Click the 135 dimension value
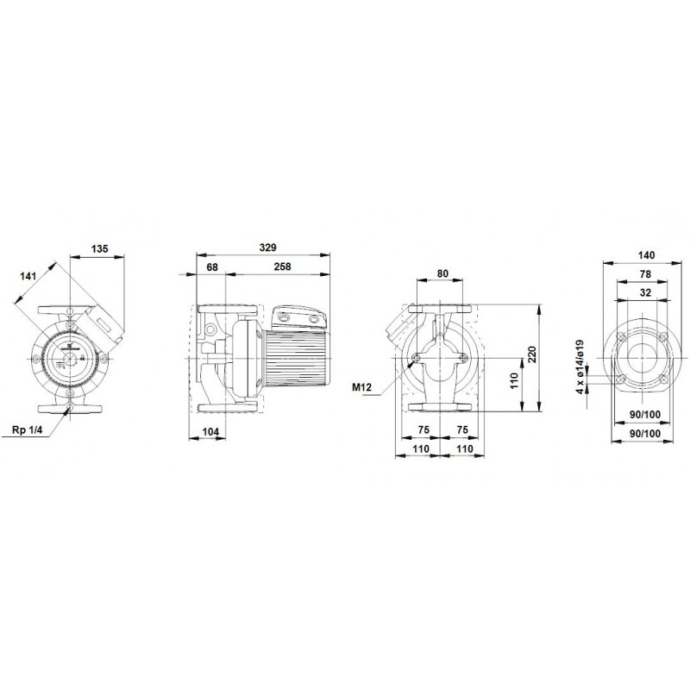point(99,248)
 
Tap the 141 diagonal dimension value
point(28,276)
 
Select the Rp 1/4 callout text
point(28,430)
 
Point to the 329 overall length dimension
point(267,248)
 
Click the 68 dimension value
point(212,267)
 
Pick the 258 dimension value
point(282,267)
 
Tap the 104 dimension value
point(210,432)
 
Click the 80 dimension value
point(442,273)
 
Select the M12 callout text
point(361,387)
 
